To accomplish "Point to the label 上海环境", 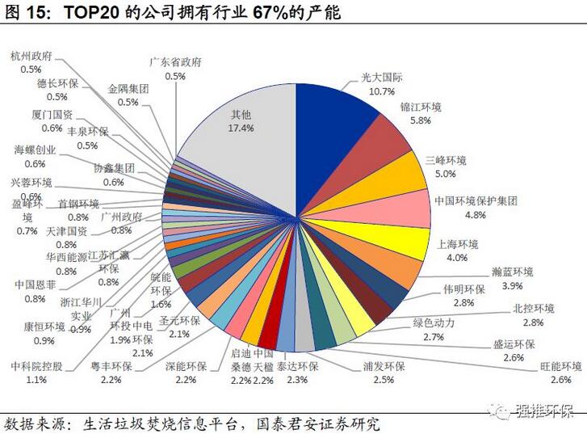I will click(x=458, y=244).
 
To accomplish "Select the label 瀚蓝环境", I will click(x=512, y=272).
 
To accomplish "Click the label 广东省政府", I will click(x=175, y=62).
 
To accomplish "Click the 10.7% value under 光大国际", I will click(x=382, y=91).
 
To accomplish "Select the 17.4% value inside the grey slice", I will click(x=241, y=128).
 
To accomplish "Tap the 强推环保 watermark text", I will click(x=545, y=413).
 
